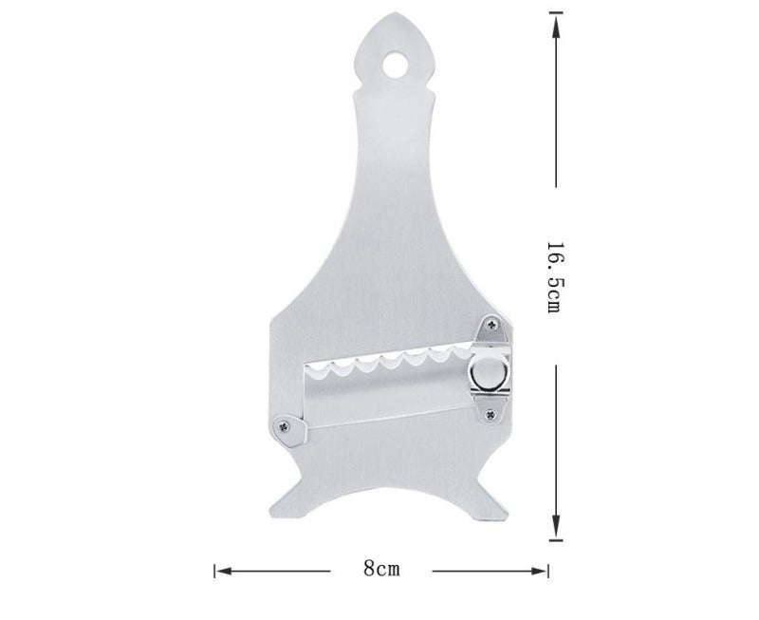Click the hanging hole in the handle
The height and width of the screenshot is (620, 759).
click(x=395, y=65)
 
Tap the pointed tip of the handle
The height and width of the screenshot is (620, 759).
click(x=395, y=13)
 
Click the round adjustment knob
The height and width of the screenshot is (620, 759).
click(x=489, y=373)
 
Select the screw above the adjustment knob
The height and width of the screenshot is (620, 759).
click(x=492, y=324)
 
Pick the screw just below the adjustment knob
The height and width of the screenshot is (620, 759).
click(x=491, y=414)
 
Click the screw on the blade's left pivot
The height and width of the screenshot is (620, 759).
click(x=284, y=426)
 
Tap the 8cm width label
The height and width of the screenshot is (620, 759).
click(x=382, y=568)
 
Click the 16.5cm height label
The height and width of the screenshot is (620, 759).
click(x=554, y=277)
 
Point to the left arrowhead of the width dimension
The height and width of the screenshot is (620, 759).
click(x=224, y=571)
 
